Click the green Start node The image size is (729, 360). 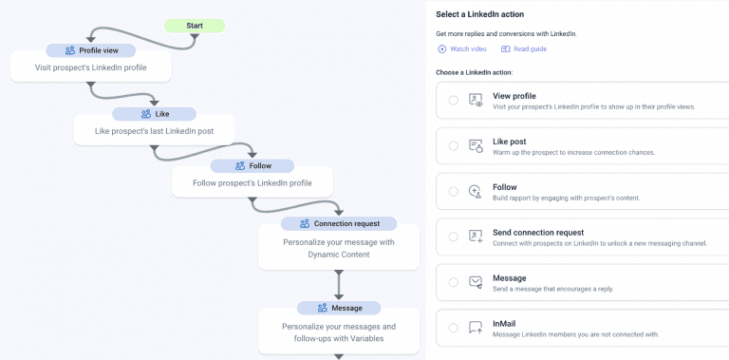pyautogui.click(x=195, y=26)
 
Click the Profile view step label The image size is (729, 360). pyautogui.click(x=92, y=50)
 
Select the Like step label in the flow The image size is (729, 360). pyautogui.click(x=155, y=114)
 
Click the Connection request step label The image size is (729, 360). pyautogui.click(x=339, y=224)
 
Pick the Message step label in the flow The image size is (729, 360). pyautogui.click(x=338, y=308)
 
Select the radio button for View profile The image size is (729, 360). pyautogui.click(x=454, y=101)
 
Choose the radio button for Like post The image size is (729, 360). pyautogui.click(x=454, y=146)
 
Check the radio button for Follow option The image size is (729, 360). pyautogui.click(x=454, y=192)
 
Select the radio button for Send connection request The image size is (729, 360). pyautogui.click(x=454, y=237)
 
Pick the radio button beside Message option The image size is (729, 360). pyautogui.click(x=454, y=282)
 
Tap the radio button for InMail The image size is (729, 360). pyautogui.click(x=454, y=328)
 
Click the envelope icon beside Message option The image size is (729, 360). pyautogui.click(x=477, y=282)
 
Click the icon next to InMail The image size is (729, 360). pyautogui.click(x=477, y=328)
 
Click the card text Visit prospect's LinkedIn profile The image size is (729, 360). pyautogui.click(x=92, y=68)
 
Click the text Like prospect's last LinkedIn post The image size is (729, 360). pyautogui.click(x=155, y=130)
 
